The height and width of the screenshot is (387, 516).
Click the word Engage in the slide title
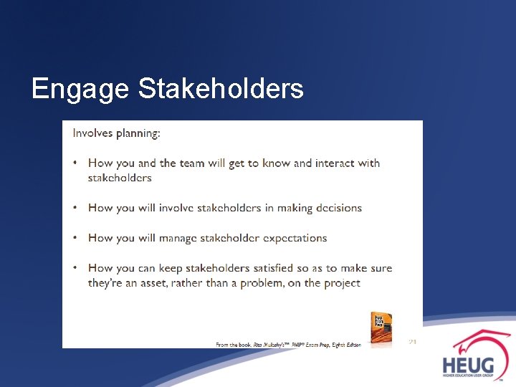coord(80,90)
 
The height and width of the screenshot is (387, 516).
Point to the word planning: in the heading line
coord(138,133)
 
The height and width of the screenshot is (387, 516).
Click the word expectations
coord(294,238)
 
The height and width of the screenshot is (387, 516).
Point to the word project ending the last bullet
coord(340,283)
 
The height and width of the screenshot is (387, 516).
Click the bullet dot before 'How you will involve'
coord(75,208)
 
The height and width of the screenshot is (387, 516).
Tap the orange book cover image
coord(381,329)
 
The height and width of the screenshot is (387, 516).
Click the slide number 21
coord(412,341)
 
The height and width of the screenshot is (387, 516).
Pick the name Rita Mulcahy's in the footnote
coord(266,345)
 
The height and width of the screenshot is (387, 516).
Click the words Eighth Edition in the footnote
coord(347,345)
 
